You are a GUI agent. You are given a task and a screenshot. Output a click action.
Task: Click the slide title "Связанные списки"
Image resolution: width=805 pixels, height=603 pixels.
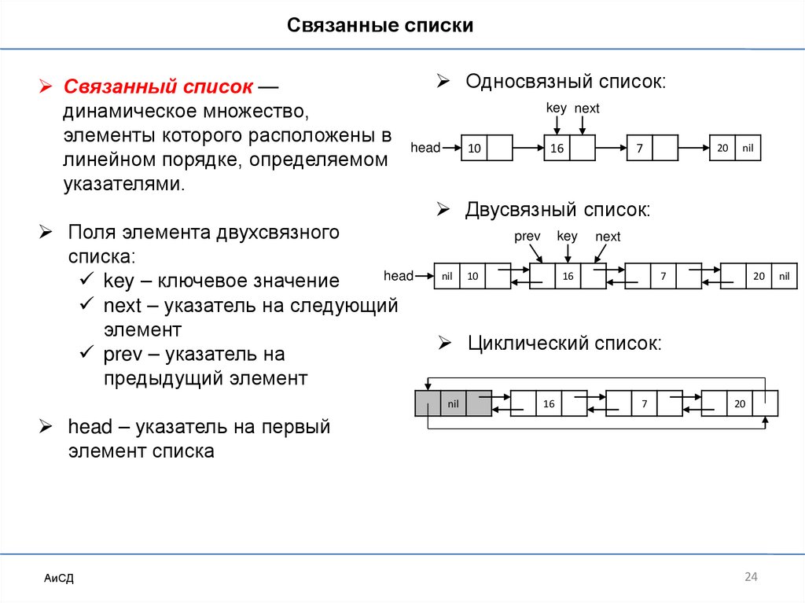379,26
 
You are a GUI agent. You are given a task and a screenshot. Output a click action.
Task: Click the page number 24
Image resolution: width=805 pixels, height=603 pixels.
750,578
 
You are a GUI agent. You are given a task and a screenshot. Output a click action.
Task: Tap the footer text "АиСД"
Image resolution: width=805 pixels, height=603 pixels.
59,579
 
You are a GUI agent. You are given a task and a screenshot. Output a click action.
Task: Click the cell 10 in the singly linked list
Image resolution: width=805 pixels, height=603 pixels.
473,148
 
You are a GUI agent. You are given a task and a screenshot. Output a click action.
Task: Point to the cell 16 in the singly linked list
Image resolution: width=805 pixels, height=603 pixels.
557,148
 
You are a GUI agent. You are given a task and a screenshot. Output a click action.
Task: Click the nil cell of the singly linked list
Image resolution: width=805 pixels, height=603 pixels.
748,148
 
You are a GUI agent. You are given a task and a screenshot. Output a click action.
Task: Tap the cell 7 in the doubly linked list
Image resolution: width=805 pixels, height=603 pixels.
663,276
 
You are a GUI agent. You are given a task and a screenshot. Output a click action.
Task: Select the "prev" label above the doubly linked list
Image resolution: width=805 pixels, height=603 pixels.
527,237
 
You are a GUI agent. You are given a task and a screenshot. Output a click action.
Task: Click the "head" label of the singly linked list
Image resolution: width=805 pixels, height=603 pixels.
425,148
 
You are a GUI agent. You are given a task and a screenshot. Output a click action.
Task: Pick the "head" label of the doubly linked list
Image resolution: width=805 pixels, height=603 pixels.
399,276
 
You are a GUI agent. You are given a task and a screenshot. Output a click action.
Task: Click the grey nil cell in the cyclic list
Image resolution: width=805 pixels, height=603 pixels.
453,403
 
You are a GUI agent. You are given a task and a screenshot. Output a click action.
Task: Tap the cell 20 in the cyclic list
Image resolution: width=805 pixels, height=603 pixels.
739,403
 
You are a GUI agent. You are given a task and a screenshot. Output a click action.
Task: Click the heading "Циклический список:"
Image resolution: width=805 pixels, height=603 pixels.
564,343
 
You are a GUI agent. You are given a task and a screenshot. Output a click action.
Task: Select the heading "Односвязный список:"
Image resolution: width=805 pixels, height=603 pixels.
565,82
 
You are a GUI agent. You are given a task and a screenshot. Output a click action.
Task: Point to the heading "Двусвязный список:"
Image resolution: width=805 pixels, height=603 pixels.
557,210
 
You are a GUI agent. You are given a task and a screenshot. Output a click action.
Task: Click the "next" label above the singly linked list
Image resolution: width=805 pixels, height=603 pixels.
586,108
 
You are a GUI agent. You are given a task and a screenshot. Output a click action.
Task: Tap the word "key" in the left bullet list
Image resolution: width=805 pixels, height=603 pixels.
119,281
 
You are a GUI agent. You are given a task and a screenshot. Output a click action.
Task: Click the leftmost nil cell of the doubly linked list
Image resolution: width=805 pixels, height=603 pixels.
447,276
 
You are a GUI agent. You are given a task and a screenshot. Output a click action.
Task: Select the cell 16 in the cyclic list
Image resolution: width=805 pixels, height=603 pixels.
548,403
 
